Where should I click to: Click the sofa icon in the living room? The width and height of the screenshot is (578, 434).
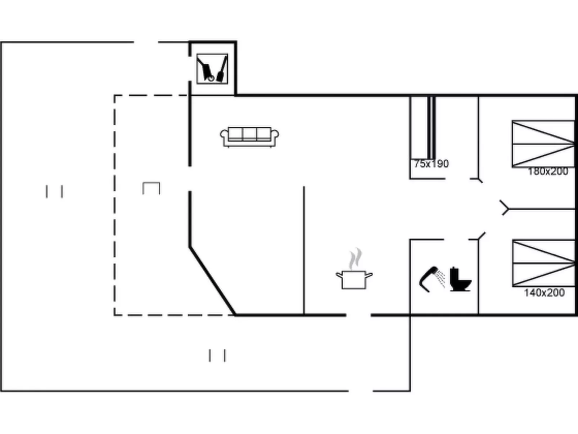click(x=249, y=137)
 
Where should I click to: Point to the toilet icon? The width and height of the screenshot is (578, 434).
click(x=460, y=279)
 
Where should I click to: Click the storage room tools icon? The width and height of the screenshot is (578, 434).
click(x=212, y=69)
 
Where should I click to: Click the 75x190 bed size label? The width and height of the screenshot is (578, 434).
click(x=431, y=164)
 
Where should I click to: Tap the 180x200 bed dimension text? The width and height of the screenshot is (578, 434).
click(x=548, y=171)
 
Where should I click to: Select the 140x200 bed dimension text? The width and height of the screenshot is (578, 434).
click(x=544, y=292)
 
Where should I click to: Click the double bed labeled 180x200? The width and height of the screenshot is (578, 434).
click(x=543, y=144)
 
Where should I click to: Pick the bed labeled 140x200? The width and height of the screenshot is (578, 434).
click(x=543, y=263)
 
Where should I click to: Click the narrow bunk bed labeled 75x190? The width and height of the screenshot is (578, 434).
click(x=423, y=128)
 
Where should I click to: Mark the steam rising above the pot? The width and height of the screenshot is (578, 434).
click(x=355, y=259)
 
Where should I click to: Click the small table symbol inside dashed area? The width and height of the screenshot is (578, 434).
click(x=151, y=188)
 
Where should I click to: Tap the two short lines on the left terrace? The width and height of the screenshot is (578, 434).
click(x=54, y=192)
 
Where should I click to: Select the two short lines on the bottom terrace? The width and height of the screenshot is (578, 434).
click(x=217, y=355)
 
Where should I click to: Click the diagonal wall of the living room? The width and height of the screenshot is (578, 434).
click(x=212, y=281)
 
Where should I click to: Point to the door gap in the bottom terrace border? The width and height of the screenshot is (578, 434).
click(x=361, y=390)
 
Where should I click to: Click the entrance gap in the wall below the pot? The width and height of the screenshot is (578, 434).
click(x=358, y=315)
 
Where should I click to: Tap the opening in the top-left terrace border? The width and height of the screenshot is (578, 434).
click(x=146, y=42)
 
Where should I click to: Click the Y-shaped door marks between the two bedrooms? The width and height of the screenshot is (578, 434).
click(x=505, y=208)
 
